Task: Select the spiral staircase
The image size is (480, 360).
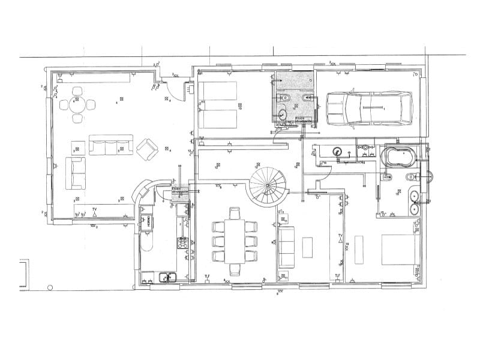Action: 268,186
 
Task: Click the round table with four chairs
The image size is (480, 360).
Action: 77,104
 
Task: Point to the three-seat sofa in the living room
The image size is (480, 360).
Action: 109,145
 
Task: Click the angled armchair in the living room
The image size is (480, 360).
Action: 146,149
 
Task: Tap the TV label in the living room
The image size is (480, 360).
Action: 94,209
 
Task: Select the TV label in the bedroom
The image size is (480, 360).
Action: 340,235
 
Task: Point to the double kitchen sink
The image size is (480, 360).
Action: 166,277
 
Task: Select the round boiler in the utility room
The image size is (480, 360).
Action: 337,152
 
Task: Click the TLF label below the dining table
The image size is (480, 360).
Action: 208,275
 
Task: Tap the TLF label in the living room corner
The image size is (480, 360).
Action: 60,74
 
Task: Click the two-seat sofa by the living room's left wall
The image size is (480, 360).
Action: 76,172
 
